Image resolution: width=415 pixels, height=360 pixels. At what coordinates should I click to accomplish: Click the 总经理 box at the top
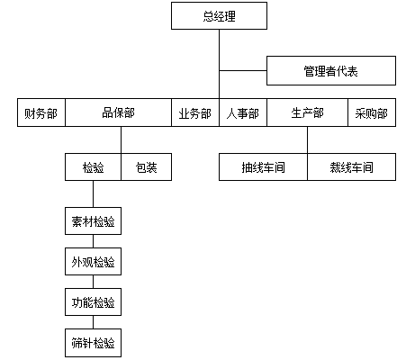(219, 16)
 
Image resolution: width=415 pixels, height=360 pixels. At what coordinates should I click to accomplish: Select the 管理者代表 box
(331, 71)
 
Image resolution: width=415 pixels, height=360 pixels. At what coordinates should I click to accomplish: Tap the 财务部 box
(41, 112)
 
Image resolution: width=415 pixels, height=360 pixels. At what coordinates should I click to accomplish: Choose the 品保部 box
(118, 112)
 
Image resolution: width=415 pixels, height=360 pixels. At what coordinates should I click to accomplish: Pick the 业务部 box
(195, 112)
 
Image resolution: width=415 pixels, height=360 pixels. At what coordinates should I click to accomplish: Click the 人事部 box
(243, 112)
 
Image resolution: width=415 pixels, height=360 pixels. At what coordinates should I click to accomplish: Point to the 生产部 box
(307, 112)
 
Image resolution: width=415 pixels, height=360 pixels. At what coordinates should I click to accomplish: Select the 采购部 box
(372, 112)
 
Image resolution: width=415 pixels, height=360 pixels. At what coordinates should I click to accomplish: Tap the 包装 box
(147, 167)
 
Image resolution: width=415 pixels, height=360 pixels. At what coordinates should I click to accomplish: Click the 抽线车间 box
(263, 167)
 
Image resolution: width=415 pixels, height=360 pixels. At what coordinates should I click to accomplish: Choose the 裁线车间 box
(351, 167)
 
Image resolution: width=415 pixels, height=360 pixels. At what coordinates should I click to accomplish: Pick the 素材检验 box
(93, 221)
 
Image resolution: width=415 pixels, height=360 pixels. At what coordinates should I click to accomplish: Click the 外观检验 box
(93, 262)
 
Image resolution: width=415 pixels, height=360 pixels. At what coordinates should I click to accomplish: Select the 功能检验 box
(93, 302)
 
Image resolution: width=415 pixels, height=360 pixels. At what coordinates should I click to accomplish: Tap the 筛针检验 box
(93, 343)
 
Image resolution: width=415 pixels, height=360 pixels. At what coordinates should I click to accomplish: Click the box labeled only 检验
(93, 167)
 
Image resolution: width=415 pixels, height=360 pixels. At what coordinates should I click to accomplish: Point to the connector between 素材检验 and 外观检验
(93, 241)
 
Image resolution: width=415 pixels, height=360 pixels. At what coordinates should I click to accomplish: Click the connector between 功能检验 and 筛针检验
(93, 322)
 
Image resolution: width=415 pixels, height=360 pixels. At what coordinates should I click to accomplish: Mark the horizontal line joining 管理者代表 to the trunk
(243, 71)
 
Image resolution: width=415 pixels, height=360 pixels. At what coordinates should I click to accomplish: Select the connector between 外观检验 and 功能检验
(93, 282)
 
